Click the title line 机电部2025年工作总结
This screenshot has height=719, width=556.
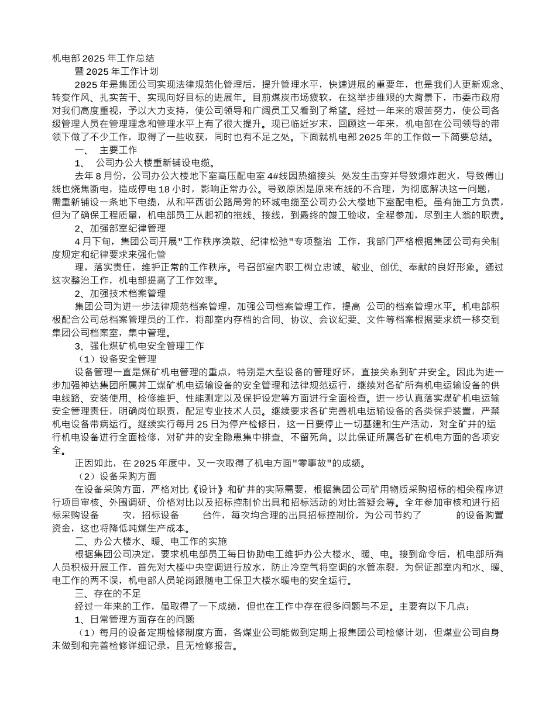103,58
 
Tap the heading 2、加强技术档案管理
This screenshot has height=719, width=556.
121,293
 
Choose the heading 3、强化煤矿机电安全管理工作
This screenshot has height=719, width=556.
139,345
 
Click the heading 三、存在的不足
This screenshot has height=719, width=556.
108,593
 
